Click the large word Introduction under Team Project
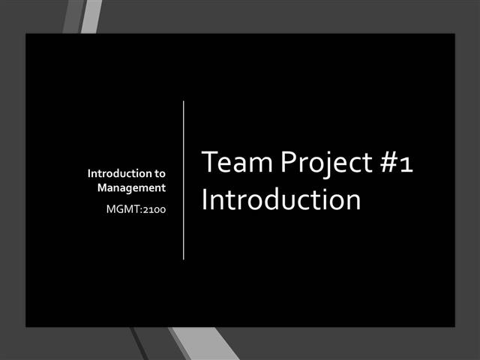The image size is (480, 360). tap(281, 200)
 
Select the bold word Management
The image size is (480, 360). tap(131, 188)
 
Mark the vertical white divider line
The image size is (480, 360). tap(184, 180)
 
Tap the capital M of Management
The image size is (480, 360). tap(103, 188)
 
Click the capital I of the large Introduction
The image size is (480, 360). tap(205, 200)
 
